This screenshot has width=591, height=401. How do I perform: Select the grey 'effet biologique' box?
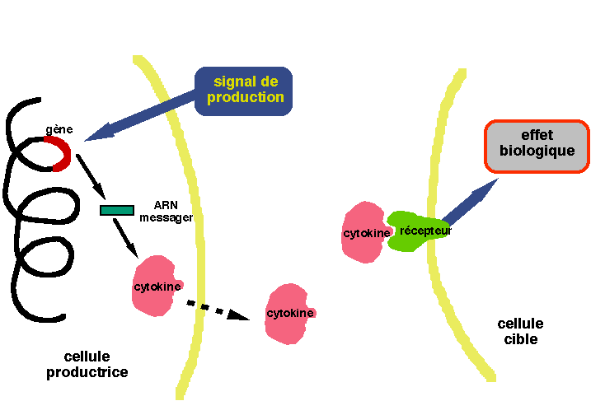(536, 147)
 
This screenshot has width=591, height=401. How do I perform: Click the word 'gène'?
(59, 130)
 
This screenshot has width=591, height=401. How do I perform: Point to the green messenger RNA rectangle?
(117, 210)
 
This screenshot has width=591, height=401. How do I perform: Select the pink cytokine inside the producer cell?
(156, 285)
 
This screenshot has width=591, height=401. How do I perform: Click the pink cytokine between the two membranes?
(290, 312)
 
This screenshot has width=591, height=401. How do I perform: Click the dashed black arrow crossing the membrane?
(217, 310)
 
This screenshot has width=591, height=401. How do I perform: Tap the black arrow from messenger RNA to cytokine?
(126, 237)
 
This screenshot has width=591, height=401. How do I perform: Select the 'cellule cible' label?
(520, 332)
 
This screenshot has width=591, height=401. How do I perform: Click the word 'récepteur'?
(425, 231)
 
